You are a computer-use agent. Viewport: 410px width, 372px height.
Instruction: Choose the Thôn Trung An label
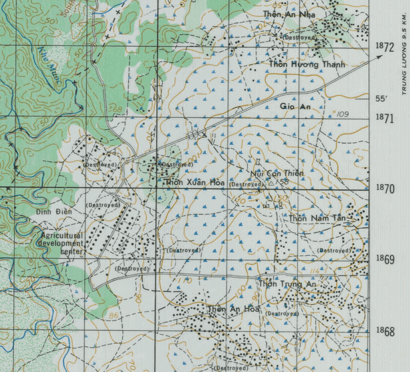pyautogui.click(x=289, y=283)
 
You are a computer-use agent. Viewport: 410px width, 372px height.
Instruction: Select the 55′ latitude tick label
pyautogui.click(x=381, y=99)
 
